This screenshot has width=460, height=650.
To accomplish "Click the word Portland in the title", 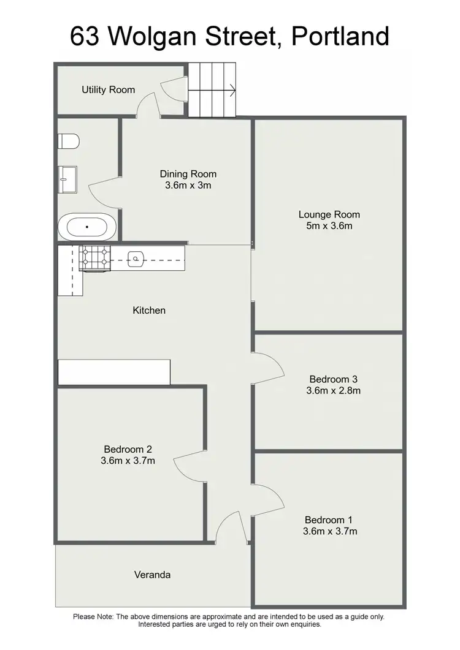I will coord(339,37).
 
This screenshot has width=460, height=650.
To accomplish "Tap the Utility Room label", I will coord(109,89).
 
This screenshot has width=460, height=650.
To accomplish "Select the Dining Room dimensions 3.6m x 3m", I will coord(188,185).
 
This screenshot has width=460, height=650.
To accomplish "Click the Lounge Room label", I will coord(329,214).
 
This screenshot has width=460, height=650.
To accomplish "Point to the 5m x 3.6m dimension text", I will coord(329,226).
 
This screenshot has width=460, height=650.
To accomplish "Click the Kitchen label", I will coord(149,310).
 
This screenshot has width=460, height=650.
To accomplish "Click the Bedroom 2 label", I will coord(128,448).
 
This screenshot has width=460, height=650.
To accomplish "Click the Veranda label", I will coord(152,575).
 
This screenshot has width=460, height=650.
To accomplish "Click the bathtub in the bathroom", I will coord(86,227).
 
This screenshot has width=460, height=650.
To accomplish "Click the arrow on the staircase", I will coord(231,91).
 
